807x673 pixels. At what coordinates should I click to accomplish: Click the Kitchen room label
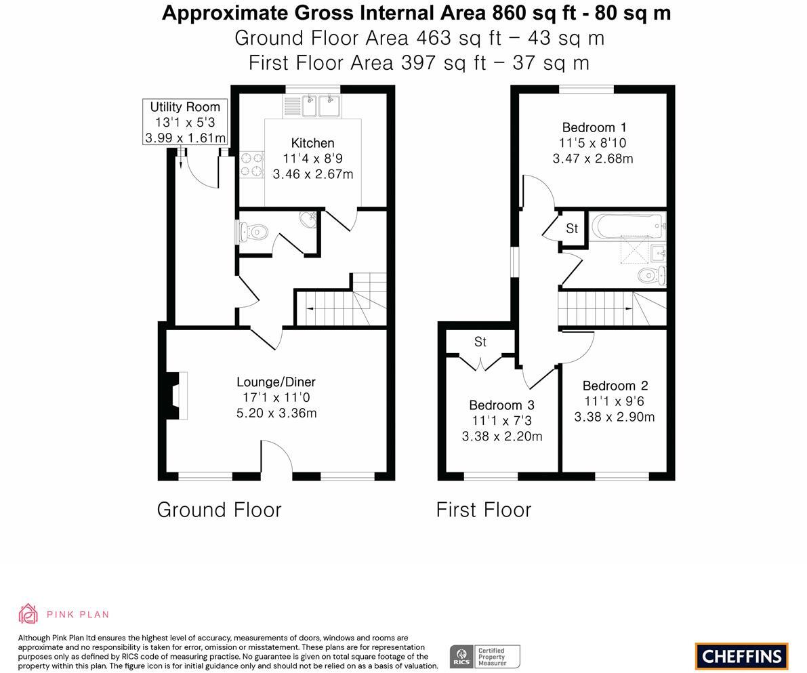pos(312,143)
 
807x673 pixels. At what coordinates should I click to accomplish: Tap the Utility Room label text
pos(185,107)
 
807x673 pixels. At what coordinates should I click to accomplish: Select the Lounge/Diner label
pos(276,382)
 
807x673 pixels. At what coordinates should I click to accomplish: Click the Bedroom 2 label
pos(615,386)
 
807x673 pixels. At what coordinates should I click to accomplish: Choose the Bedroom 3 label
pos(502,405)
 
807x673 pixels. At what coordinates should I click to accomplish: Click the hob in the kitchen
pos(251,165)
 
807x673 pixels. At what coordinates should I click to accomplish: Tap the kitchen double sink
pos(312,106)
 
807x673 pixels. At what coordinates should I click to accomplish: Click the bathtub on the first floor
pos(628,226)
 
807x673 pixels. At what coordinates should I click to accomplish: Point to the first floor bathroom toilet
pos(653,275)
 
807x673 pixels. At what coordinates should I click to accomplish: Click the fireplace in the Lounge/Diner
pos(177,395)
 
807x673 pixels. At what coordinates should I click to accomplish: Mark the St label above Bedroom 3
pos(480,342)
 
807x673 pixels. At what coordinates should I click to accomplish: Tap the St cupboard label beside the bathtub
pos(572,228)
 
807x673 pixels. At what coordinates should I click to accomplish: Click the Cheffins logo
pos(742,656)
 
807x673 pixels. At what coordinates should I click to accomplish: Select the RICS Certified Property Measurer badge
pos(485,657)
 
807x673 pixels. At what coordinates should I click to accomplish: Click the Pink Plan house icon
pos(28,614)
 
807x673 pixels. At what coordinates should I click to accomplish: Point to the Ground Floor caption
pos(220,510)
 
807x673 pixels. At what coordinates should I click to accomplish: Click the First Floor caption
pos(484,510)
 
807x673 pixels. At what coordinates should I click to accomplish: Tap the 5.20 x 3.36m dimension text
pos(276,413)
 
